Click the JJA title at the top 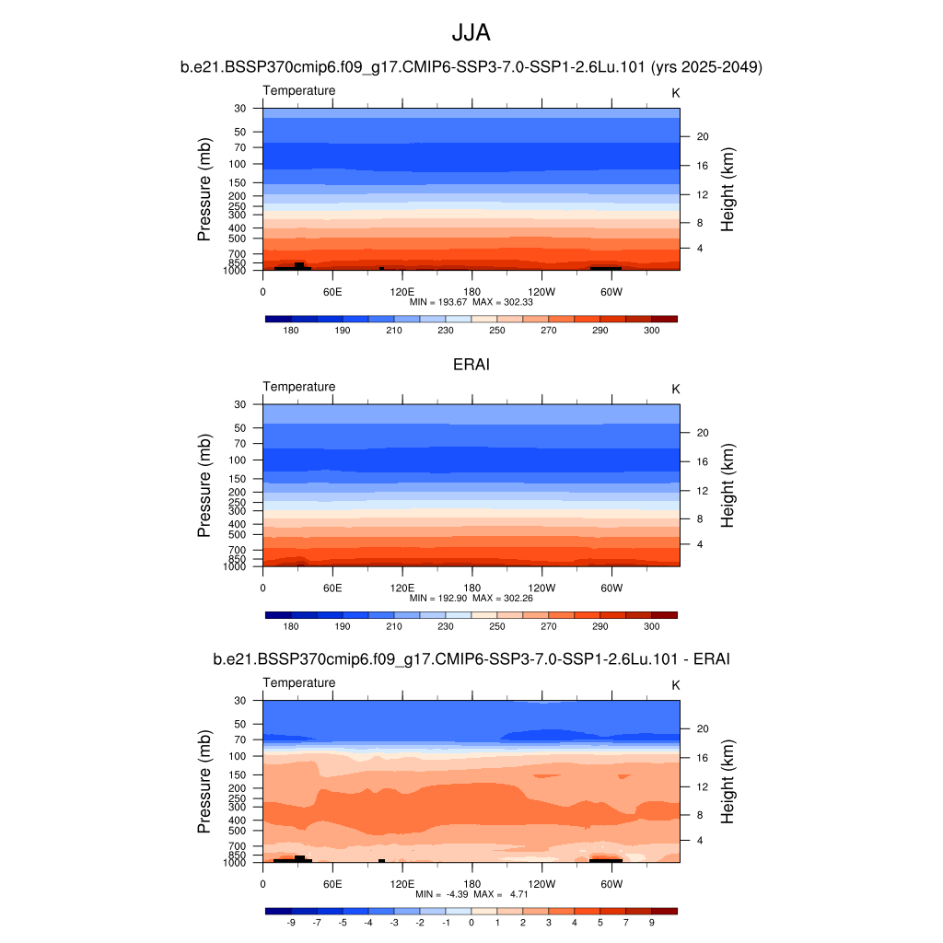[471, 33]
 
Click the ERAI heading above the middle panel [471, 365]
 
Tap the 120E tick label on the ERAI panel [402, 588]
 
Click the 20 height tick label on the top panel [701, 136]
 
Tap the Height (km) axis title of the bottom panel [728, 781]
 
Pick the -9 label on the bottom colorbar [290, 922]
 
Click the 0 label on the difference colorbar [471, 922]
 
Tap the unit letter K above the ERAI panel [675, 389]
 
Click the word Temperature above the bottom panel [299, 682]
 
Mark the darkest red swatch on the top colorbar [664, 319]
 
